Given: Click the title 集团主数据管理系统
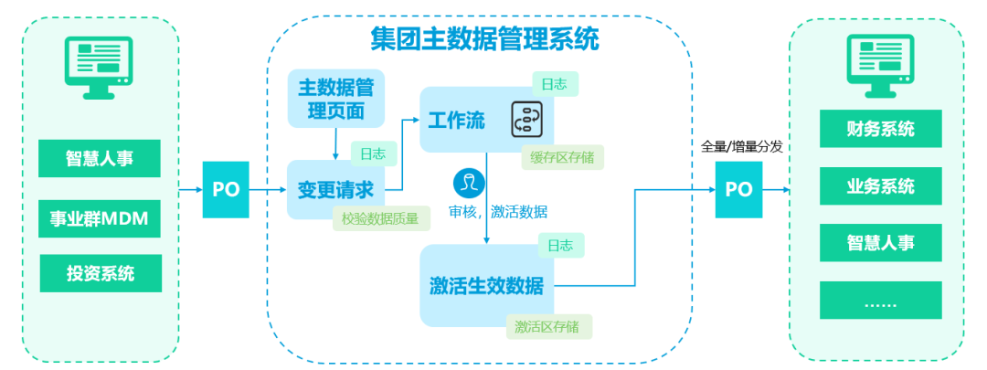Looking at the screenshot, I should click(484, 39).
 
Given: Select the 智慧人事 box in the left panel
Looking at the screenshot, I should click(100, 158).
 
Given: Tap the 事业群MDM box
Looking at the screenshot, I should click(100, 219).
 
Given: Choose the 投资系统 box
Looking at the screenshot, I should click(100, 272).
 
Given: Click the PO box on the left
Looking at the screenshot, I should click(226, 190).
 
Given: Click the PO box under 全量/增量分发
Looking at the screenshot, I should click(738, 190).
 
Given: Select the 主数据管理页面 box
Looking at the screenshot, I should click(336, 99).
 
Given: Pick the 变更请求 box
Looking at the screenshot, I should click(336, 190).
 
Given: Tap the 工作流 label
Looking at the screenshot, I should click(457, 120).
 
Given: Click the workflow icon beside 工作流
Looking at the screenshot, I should click(528, 119).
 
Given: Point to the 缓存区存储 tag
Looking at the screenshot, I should click(562, 157).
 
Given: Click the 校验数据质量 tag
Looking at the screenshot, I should click(381, 218).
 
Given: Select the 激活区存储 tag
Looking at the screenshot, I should click(548, 325).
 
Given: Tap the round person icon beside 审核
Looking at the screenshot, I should click(469, 181).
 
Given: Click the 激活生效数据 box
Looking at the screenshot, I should click(486, 286).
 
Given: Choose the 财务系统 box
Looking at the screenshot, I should click(880, 129).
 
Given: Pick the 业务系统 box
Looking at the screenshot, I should click(880, 186).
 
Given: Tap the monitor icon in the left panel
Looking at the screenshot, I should click(101, 66).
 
